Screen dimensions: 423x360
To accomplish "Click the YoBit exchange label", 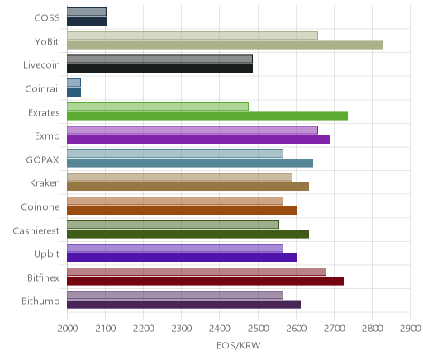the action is point(47,42).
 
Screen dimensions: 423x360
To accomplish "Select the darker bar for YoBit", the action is point(225,45).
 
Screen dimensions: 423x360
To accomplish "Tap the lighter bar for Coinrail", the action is point(74,83).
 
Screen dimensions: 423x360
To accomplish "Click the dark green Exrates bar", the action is point(207,116).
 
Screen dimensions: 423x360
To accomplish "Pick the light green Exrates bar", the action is point(158,107).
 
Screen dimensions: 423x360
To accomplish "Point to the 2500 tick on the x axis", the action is point(258,329).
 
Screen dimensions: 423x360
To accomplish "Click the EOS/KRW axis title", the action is point(239,345).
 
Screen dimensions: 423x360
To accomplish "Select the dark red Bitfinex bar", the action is point(206,281).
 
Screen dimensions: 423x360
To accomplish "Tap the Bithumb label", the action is point(40,301).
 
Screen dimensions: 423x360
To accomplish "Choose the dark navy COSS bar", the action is point(87,21).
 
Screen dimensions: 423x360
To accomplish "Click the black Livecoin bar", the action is point(159,69).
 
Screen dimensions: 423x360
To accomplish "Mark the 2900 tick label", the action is point(411,329).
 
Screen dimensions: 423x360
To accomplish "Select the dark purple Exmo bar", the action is point(198,140).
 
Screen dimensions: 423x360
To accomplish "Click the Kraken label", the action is point(45,183).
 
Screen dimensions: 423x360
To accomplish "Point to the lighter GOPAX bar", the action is point(175,154).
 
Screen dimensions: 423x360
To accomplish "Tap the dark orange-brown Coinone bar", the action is point(182,211).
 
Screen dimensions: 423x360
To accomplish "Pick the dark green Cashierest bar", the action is point(188,234).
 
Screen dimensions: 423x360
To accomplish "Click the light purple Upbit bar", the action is point(175,248).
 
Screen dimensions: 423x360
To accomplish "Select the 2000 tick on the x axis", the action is point(67,329).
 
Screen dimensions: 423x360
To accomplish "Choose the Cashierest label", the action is point(36,230).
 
